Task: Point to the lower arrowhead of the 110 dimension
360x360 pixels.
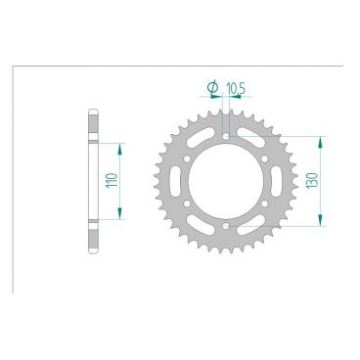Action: tap(122, 217)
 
